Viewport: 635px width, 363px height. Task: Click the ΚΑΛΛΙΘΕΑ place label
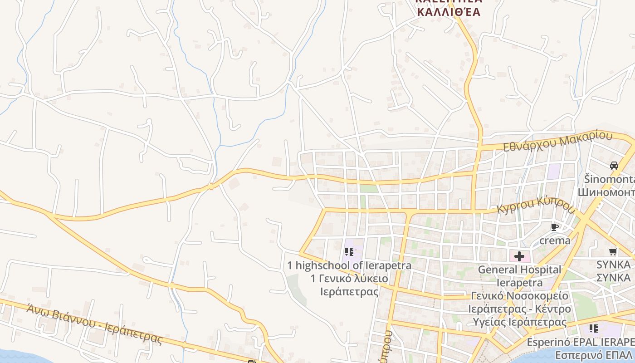click(448, 12)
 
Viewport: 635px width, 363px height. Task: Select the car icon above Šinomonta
click(614, 166)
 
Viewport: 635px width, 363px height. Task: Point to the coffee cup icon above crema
click(554, 227)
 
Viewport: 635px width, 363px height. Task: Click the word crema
click(555, 240)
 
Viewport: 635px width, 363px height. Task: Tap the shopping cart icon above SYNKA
click(613, 251)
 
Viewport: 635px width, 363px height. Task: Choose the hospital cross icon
click(519, 256)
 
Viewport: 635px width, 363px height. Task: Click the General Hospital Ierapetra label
click(520, 276)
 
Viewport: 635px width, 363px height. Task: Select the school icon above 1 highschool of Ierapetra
click(349, 251)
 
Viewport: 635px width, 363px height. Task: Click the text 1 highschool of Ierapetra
click(349, 265)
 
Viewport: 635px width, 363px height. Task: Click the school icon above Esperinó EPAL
click(593, 328)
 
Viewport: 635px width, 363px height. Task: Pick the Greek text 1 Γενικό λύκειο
click(349, 278)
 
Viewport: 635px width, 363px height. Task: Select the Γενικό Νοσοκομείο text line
click(519, 296)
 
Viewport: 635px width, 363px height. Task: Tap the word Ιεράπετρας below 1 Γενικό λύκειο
click(349, 291)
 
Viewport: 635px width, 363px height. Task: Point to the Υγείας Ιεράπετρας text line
click(519, 322)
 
